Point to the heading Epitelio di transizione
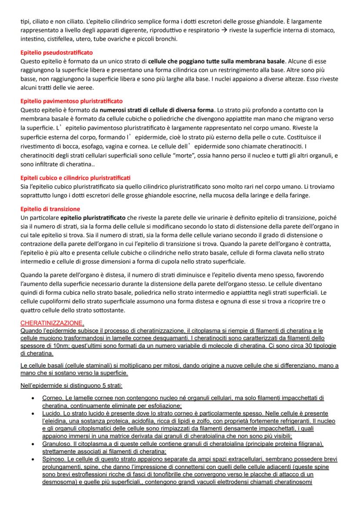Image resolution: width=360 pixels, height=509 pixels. click(50, 209)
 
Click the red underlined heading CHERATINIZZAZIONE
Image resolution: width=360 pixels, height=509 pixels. click(51, 323)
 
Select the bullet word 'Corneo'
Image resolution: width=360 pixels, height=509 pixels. click(52, 398)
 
